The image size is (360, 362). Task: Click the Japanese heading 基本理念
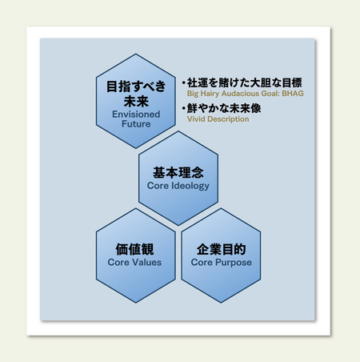[178, 172]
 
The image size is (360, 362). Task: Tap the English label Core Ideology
[178, 186]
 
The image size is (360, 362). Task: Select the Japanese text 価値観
[134, 249]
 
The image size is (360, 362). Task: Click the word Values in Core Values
[148, 262]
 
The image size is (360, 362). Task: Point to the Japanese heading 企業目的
[221, 249]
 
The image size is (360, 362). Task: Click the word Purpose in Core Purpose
[234, 263]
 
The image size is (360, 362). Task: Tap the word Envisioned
[136, 115]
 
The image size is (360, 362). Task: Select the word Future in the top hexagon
[136, 124]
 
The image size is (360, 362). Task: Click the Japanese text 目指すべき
[136, 86]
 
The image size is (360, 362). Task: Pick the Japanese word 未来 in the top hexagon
[136, 102]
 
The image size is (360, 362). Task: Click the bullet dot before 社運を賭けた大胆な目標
[184, 83]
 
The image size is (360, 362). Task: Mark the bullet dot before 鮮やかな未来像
[184, 108]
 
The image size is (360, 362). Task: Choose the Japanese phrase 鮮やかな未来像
[224, 108]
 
